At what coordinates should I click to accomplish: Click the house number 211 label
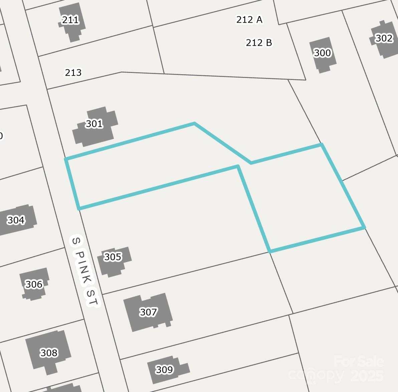click(70, 20)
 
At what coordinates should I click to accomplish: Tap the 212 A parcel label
click(249, 20)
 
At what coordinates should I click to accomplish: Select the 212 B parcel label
click(259, 43)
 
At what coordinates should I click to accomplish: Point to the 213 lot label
click(73, 73)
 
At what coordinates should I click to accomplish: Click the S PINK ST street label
click(85, 271)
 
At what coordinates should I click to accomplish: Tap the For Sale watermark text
click(359, 362)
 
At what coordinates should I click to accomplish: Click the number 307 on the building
click(149, 312)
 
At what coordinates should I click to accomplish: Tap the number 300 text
click(323, 53)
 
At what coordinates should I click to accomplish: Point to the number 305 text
click(113, 257)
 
